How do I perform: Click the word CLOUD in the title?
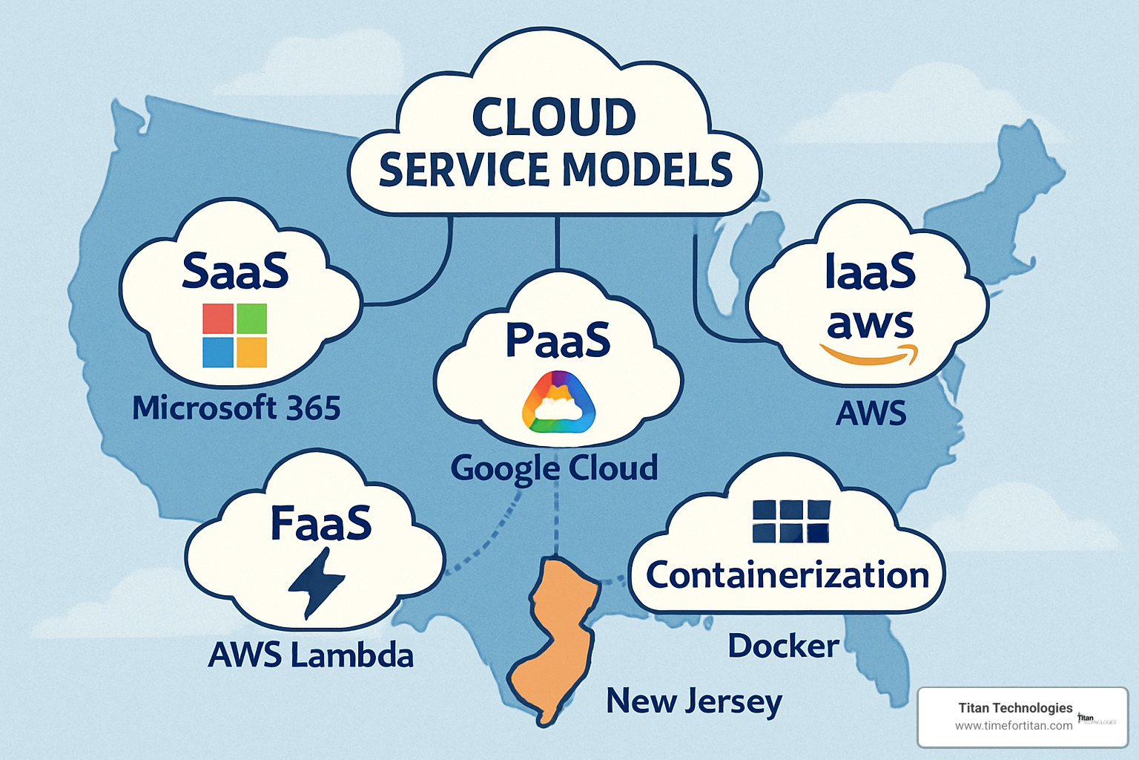click(553, 117)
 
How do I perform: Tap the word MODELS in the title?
click(647, 169)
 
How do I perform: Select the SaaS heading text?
click(235, 271)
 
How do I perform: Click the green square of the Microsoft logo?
click(251, 318)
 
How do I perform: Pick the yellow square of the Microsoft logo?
click(251, 352)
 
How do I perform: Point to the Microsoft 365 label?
click(236, 408)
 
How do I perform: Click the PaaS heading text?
click(558, 340)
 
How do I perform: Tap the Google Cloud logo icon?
click(558, 402)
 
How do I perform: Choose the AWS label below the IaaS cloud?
click(871, 413)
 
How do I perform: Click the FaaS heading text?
click(320, 523)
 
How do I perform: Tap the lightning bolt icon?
click(316, 583)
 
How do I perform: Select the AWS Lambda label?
click(311, 655)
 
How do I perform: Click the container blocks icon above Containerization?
click(790, 521)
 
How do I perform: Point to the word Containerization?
click(788, 575)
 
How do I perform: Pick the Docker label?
click(783, 646)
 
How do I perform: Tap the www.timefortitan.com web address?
click(1013, 726)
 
